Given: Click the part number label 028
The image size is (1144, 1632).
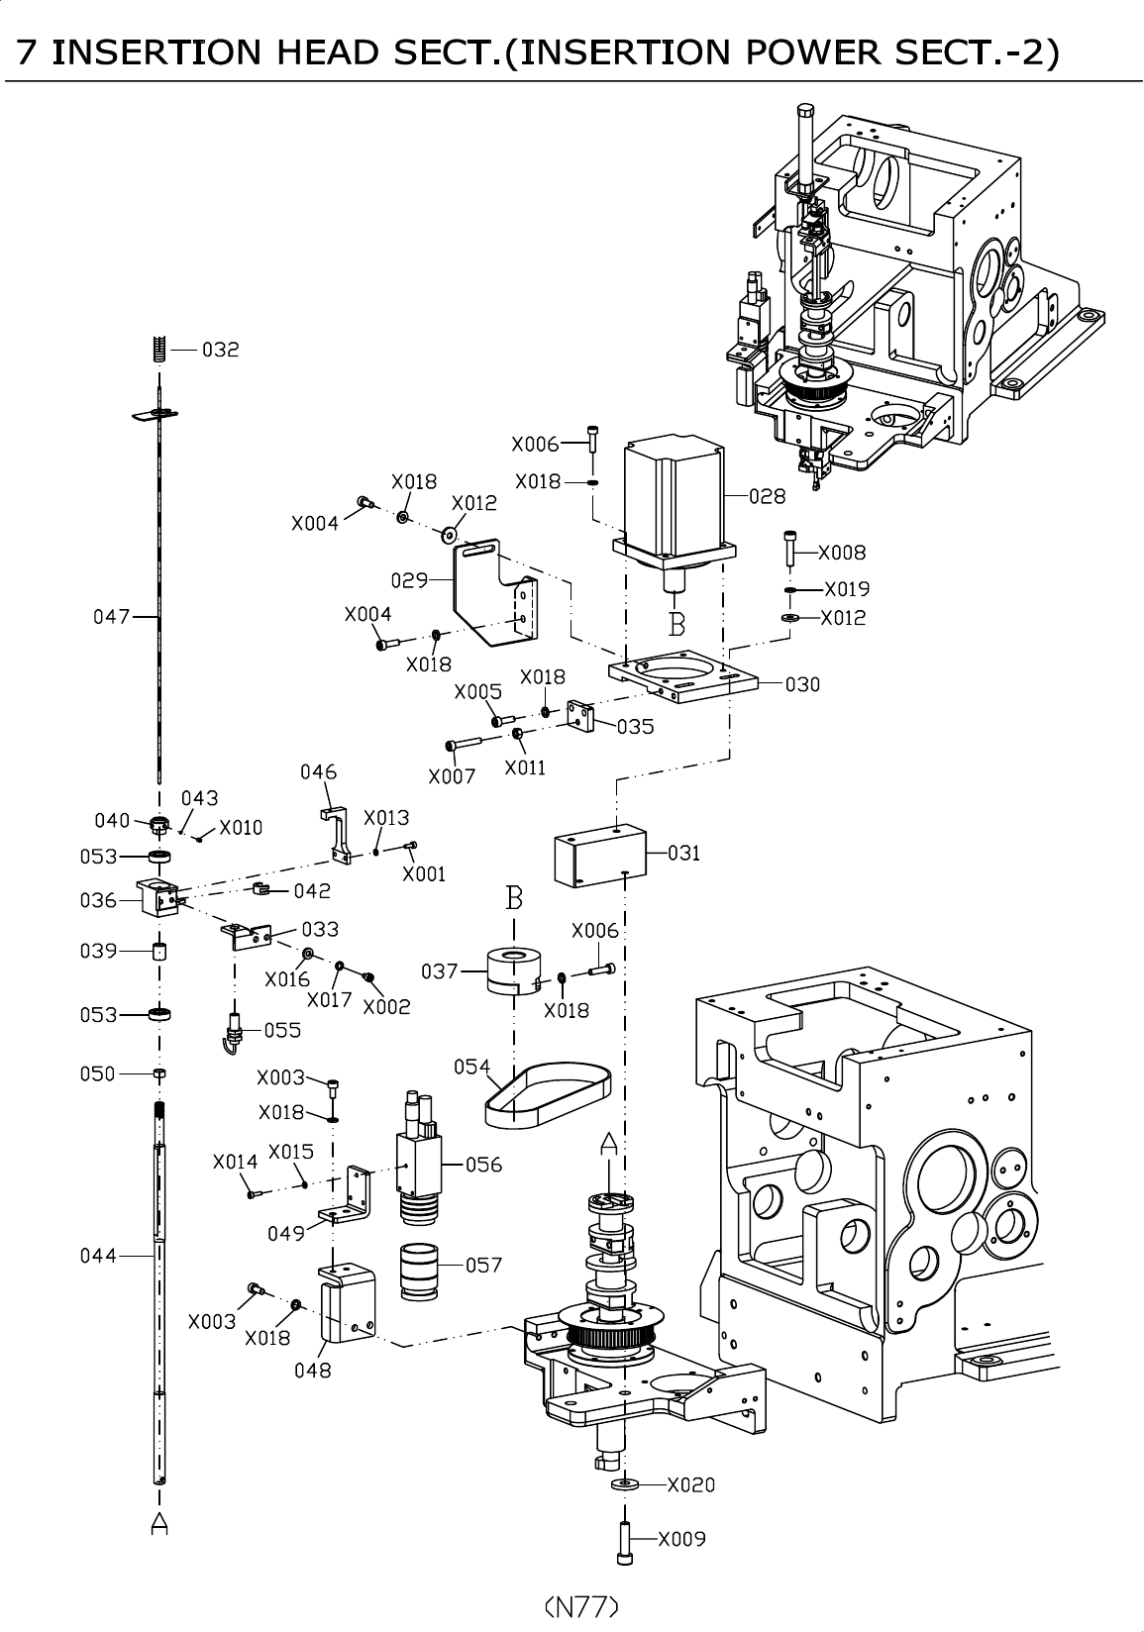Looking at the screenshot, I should [767, 497].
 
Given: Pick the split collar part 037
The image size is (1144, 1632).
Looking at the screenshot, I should [514, 970].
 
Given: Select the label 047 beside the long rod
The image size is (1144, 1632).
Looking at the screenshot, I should [112, 617].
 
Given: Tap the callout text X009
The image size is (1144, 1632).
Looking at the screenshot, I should [681, 1539].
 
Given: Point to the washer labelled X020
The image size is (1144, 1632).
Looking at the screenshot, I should [625, 1485].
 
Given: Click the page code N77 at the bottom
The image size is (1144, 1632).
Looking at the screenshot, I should [581, 1605].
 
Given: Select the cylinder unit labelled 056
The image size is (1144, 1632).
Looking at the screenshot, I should [417, 1159].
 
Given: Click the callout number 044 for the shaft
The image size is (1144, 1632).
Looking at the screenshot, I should [98, 1256].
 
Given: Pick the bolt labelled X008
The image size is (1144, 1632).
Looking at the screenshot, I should [789, 548].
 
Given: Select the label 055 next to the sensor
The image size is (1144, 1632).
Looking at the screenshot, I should [282, 1030].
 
